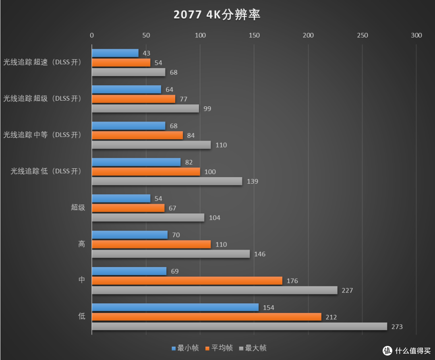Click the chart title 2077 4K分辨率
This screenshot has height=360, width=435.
point(217,15)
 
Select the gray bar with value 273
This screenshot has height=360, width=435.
point(239,327)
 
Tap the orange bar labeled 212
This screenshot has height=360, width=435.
point(206,317)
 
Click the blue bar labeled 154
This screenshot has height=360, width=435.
point(175,307)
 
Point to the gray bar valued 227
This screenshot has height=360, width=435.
point(214,290)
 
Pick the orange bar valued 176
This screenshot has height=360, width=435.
point(187,281)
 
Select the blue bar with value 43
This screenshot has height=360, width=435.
point(115,53)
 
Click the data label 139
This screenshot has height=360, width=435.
point(253,182)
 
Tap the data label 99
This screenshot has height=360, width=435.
point(207,109)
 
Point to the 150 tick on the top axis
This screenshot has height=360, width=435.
point(254,35)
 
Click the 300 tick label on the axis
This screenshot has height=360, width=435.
point(416,35)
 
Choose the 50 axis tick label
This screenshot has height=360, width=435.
point(146,35)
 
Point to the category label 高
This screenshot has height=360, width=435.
point(81,244)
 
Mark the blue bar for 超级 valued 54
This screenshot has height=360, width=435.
point(121,199)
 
